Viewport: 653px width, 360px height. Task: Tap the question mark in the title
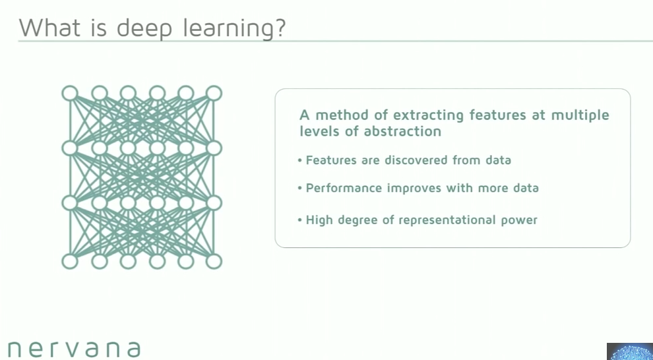(x=278, y=28)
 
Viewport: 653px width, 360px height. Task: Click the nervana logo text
(x=74, y=348)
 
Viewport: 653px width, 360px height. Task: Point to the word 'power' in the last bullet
(x=520, y=220)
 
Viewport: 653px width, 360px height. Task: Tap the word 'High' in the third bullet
(x=319, y=220)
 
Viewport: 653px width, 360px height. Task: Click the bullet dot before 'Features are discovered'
(x=300, y=161)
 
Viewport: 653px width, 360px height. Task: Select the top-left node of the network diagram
(x=70, y=93)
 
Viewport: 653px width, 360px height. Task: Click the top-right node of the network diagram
(x=214, y=93)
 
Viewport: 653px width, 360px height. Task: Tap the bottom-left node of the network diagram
(x=70, y=262)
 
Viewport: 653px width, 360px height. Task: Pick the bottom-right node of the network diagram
(x=214, y=262)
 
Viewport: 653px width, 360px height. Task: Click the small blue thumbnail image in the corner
(x=629, y=351)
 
